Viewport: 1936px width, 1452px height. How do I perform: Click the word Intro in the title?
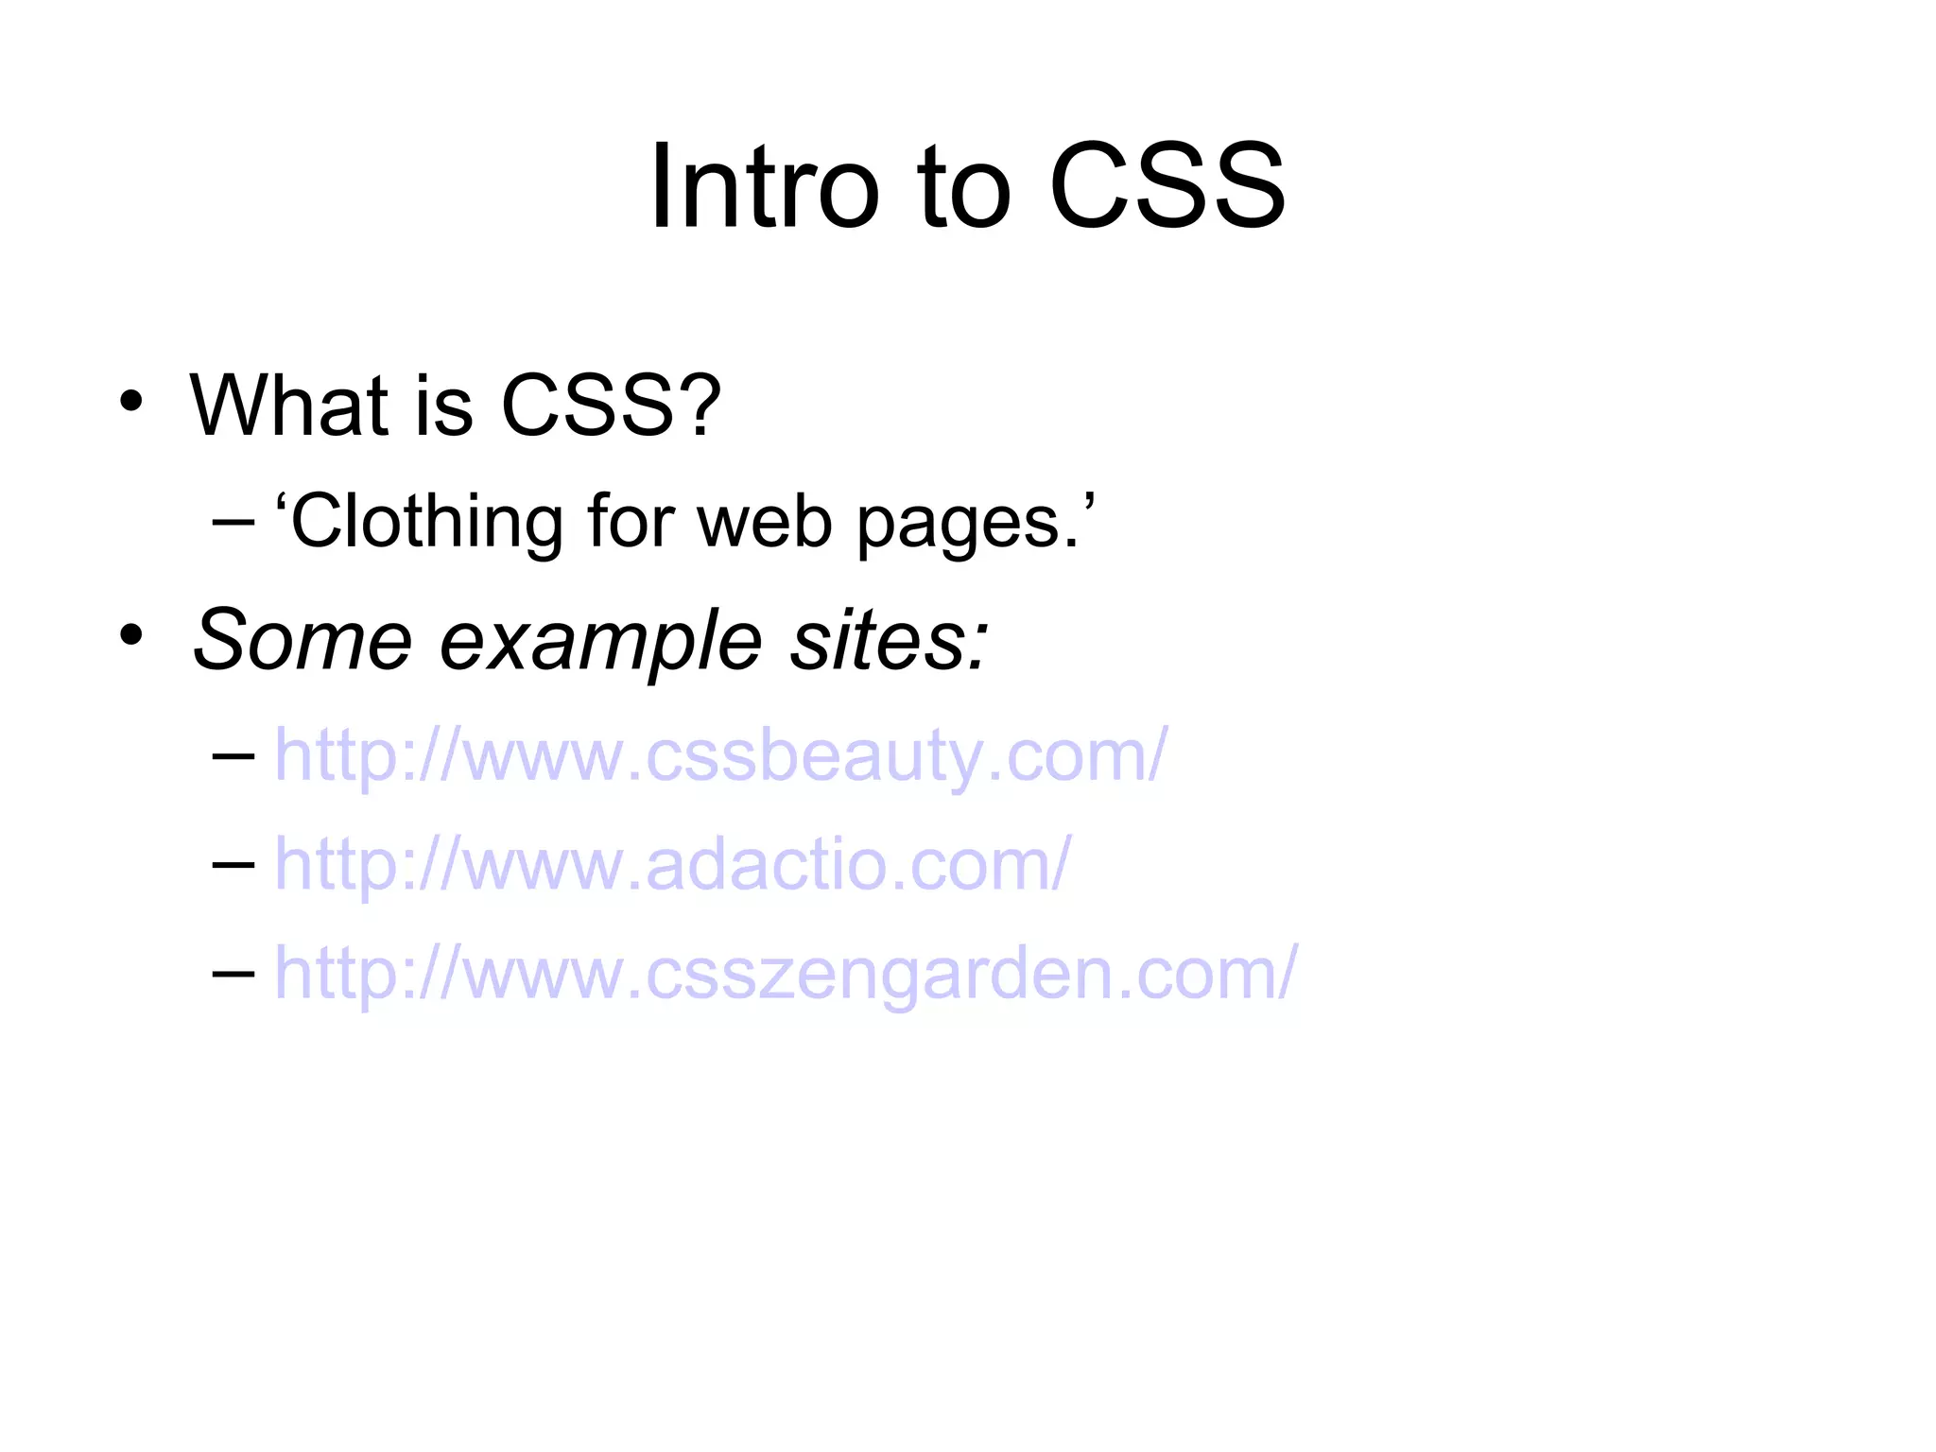pyautogui.click(x=764, y=186)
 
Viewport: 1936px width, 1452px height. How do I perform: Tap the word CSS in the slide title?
pyautogui.click(x=1167, y=186)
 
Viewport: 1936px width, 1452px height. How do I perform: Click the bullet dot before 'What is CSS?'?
pyautogui.click(x=131, y=401)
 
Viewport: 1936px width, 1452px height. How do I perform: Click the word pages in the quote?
pyautogui.click(x=967, y=526)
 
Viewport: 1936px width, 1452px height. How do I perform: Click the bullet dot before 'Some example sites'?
pyautogui.click(x=131, y=635)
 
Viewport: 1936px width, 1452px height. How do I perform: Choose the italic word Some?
pyautogui.click(x=302, y=640)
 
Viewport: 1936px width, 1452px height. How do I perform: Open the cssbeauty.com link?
pyautogui.click(x=720, y=756)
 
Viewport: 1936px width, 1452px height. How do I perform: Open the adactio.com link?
pyautogui.click(x=672, y=865)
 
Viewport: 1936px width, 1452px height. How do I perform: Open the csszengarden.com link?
pyautogui.click(x=786, y=974)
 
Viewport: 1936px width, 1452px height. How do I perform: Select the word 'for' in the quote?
pyautogui.click(x=631, y=522)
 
